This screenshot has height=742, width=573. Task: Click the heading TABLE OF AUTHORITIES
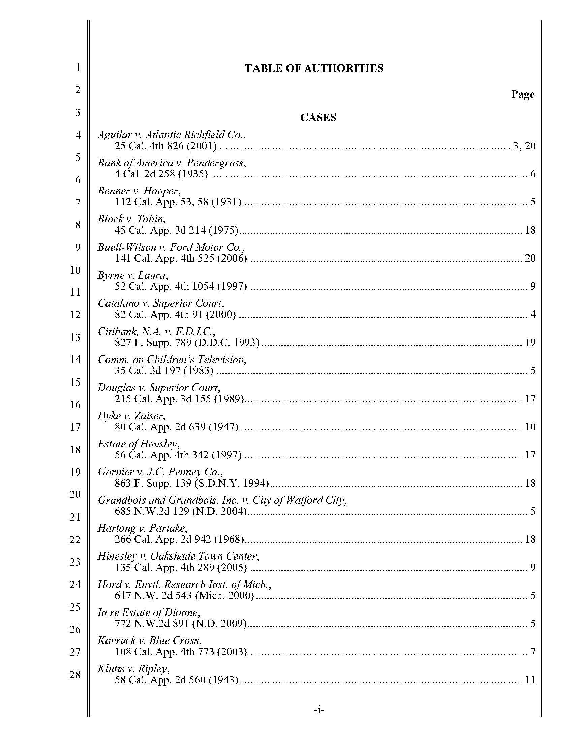[x=314, y=68]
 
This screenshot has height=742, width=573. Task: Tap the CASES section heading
[x=318, y=118]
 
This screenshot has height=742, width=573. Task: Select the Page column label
[x=522, y=94]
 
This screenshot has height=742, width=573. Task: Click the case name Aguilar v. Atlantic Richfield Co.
[x=172, y=135]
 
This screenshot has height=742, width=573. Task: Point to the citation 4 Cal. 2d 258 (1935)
[x=161, y=174]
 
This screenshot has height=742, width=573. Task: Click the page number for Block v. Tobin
[x=530, y=230]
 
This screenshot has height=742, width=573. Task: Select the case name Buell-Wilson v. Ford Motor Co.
[x=172, y=247]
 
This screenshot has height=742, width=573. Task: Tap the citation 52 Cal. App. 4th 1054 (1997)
[x=181, y=286]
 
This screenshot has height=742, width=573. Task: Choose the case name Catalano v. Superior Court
[x=161, y=303]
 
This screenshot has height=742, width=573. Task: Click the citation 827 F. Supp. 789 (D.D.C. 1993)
[x=187, y=342]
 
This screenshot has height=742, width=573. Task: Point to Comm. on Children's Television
[x=172, y=360]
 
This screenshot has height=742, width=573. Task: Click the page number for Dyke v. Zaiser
[x=530, y=427]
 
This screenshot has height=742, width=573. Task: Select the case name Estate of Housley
[x=139, y=444]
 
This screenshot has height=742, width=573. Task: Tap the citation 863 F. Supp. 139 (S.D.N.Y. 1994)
[x=192, y=483]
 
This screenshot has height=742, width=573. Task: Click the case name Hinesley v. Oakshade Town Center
[x=179, y=556]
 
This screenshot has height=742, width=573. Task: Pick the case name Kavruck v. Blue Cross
[x=150, y=640]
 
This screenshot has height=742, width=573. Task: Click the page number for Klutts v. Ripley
[x=530, y=680]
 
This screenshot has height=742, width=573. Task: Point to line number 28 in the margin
[x=75, y=675]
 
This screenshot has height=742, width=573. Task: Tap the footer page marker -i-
[x=319, y=710]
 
